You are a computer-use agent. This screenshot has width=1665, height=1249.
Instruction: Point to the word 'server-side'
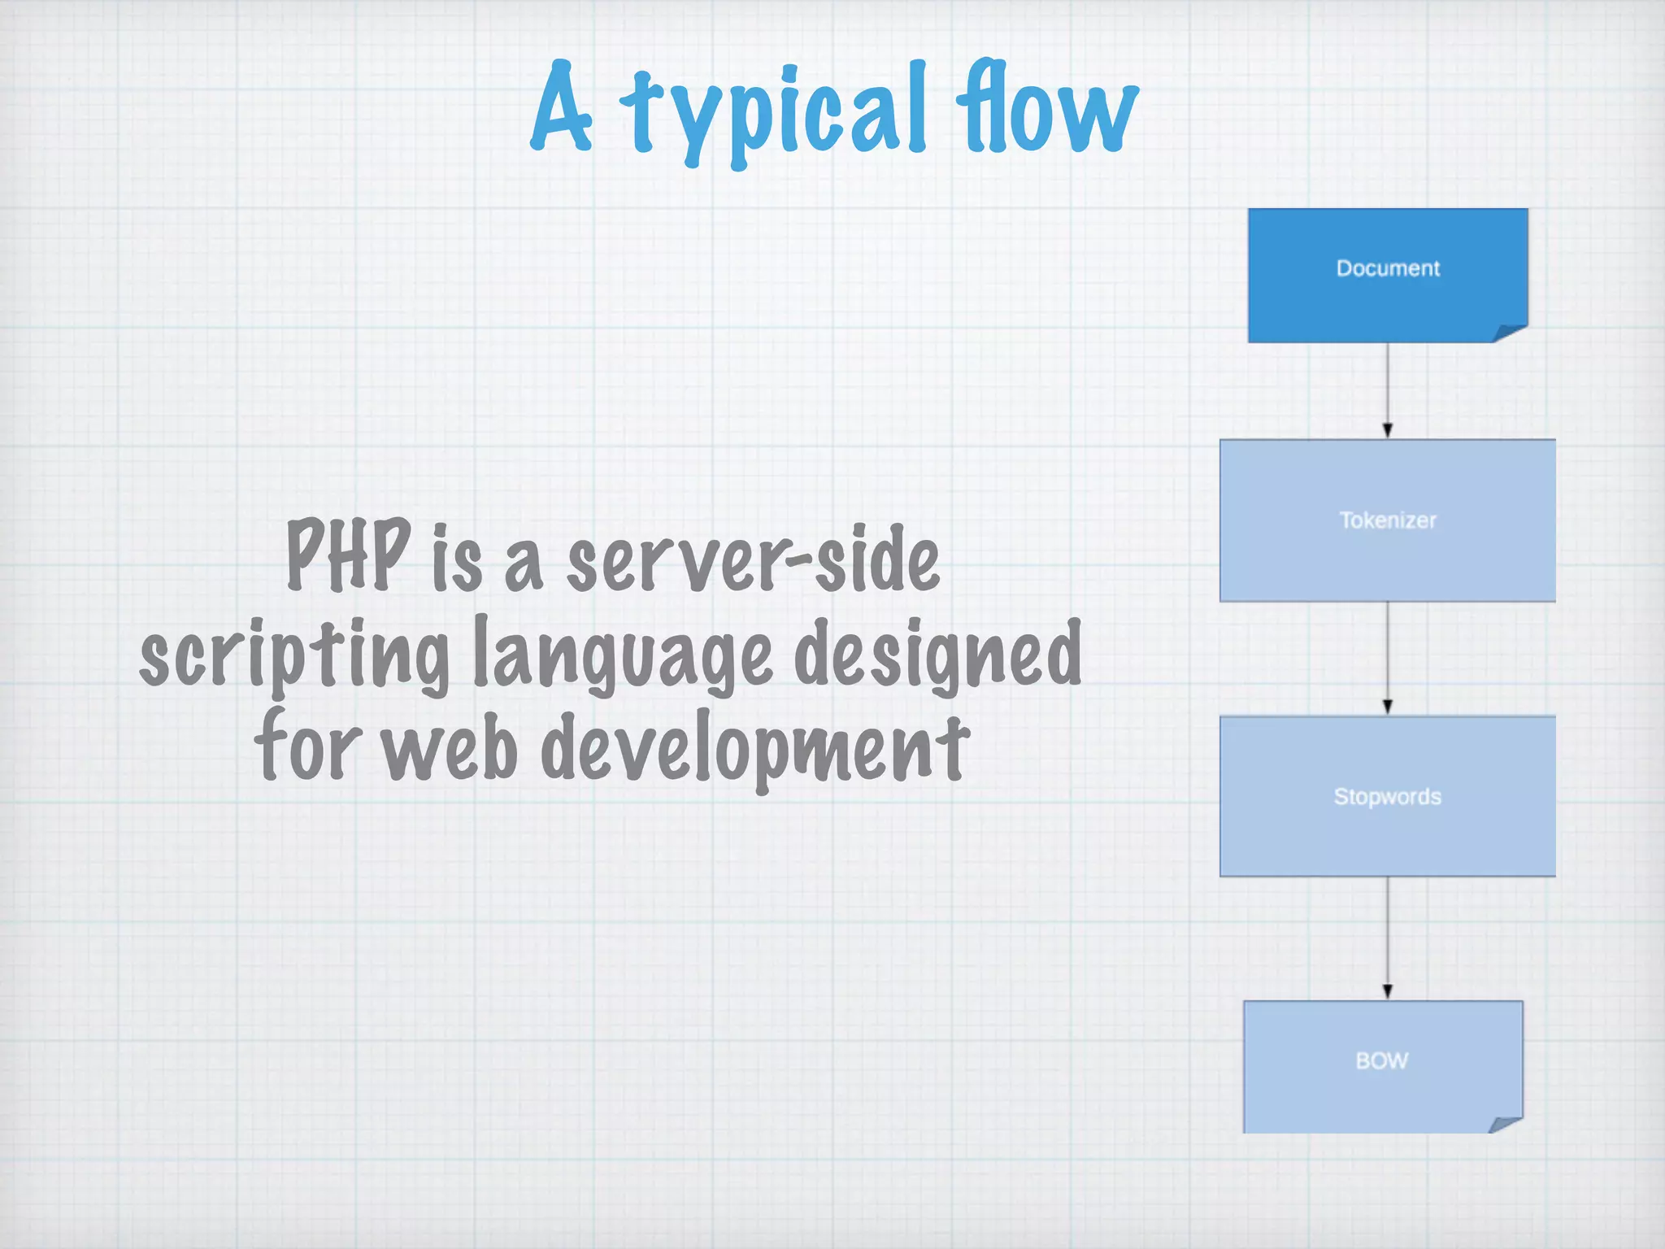[753, 559]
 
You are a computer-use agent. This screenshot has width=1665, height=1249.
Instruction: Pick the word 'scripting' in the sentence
[294, 655]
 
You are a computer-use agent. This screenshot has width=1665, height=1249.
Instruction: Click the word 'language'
[623, 655]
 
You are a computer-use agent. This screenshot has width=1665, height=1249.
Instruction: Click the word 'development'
[755, 748]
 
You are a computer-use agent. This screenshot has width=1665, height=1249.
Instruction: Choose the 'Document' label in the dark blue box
[1388, 268]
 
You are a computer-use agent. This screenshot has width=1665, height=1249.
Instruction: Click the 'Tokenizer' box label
[1388, 520]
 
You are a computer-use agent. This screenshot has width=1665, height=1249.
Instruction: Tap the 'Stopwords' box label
[1388, 797]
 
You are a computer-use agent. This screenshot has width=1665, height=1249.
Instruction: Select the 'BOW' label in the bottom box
[1382, 1060]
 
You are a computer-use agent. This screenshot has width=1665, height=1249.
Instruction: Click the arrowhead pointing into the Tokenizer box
[1388, 430]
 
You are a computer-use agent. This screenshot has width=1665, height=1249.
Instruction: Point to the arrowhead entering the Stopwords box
[1388, 707]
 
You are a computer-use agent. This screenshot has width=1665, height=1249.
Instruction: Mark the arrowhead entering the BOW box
[1388, 991]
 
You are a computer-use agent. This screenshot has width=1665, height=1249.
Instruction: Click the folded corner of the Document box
[1510, 333]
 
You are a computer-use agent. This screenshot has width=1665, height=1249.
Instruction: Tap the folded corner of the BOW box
[1505, 1124]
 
